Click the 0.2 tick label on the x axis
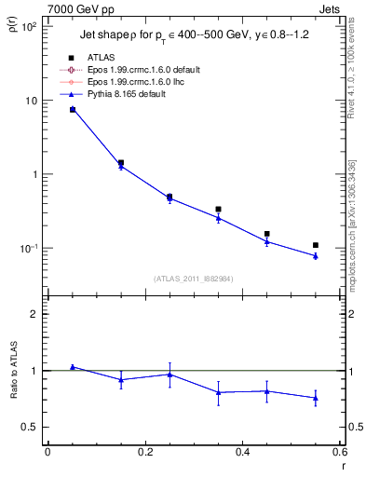click(144, 453)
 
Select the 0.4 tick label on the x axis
click(242, 453)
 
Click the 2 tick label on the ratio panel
click(33, 314)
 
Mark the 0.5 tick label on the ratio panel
click(28, 428)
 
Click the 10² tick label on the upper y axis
click(27, 26)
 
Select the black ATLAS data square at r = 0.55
click(316, 245)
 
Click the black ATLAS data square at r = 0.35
click(218, 210)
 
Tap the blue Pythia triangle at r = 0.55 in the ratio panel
click(316, 399)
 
